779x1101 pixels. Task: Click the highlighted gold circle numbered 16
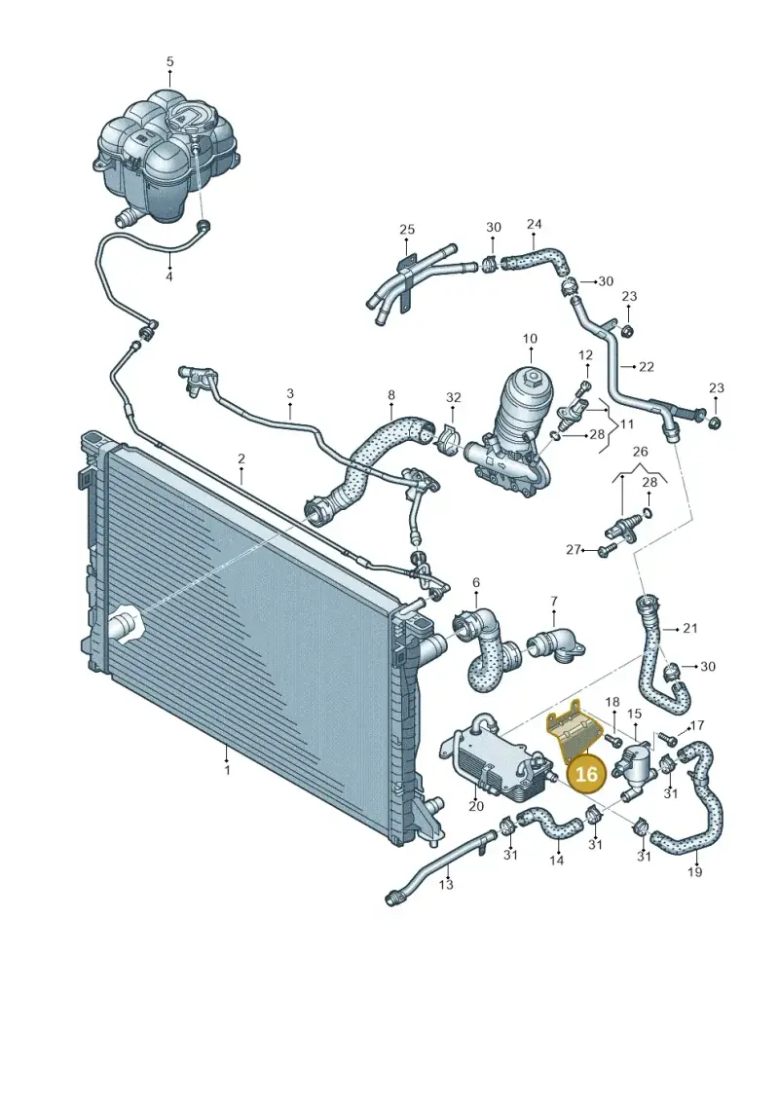coord(586,773)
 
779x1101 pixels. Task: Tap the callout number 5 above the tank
coord(170,61)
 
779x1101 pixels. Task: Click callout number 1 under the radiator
coord(227,770)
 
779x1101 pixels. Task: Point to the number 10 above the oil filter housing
coord(530,339)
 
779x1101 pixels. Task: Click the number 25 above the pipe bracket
coord(407,229)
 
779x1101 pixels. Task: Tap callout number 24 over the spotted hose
coord(535,224)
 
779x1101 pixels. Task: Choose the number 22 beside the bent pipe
coord(647,367)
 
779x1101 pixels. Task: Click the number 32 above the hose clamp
coord(454,397)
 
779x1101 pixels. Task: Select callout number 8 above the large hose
coord(391,395)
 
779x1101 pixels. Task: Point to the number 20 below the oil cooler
coord(476,806)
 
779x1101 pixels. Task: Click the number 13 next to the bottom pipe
coord(446,885)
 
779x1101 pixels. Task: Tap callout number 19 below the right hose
coord(694,872)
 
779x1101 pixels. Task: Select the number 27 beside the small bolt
coord(574,549)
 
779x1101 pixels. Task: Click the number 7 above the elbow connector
coord(554,601)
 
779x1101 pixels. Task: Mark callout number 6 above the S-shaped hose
coord(476,582)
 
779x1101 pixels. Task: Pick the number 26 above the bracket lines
coord(640,452)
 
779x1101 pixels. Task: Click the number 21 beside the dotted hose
coord(690,628)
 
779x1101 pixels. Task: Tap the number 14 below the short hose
coord(556,860)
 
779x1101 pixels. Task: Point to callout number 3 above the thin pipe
coord(289,394)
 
